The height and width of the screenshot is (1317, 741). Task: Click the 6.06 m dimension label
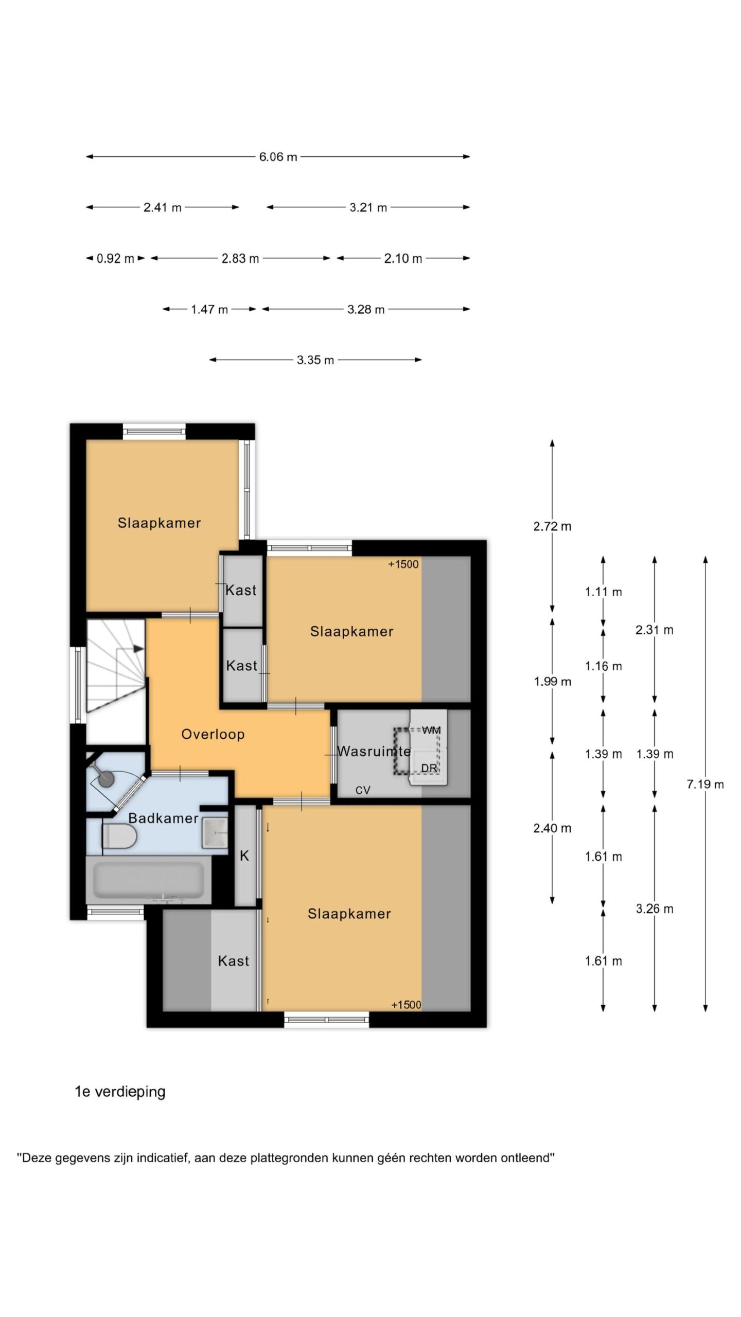[278, 157]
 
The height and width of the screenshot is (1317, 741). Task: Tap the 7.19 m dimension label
[705, 784]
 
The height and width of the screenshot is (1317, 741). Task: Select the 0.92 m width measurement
[115, 258]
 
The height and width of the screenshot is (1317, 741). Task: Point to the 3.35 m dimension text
[315, 360]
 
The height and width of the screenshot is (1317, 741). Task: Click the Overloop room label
[213, 734]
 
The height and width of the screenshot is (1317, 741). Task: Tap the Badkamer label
[163, 818]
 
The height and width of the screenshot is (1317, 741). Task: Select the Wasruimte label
[374, 751]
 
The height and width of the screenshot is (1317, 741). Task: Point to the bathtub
[149, 881]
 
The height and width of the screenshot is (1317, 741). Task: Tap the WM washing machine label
[431, 730]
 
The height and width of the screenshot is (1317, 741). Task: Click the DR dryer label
[429, 768]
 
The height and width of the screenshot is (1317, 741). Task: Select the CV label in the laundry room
[363, 790]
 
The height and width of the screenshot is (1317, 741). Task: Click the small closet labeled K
[245, 856]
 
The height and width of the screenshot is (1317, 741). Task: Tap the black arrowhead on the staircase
[138, 649]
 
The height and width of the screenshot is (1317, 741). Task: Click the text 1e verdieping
[120, 1092]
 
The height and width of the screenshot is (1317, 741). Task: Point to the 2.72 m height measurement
[552, 526]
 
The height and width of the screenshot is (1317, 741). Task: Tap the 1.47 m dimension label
[209, 310]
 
